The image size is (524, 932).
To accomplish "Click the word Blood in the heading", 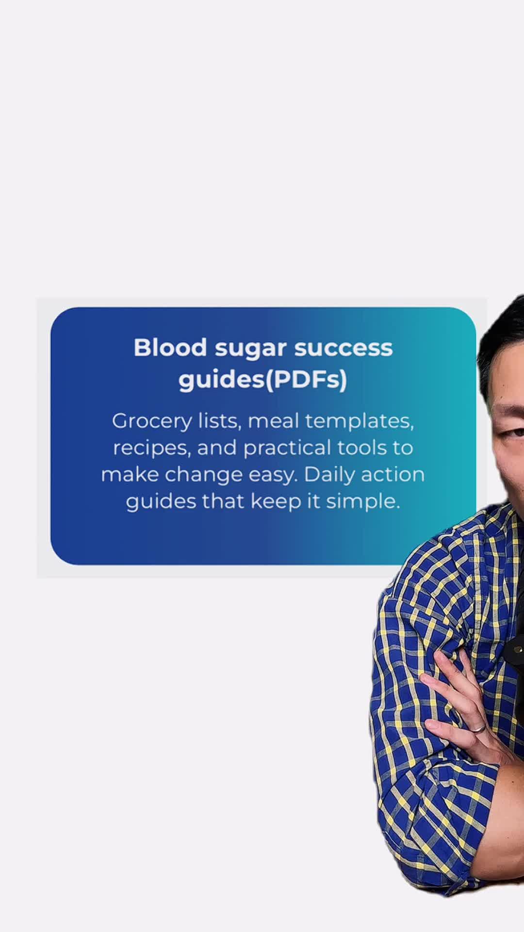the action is [170, 348].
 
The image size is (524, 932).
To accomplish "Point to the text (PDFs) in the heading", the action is [306, 380].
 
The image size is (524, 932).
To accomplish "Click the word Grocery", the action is [152, 421].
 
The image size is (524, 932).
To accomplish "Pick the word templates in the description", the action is [360, 421].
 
